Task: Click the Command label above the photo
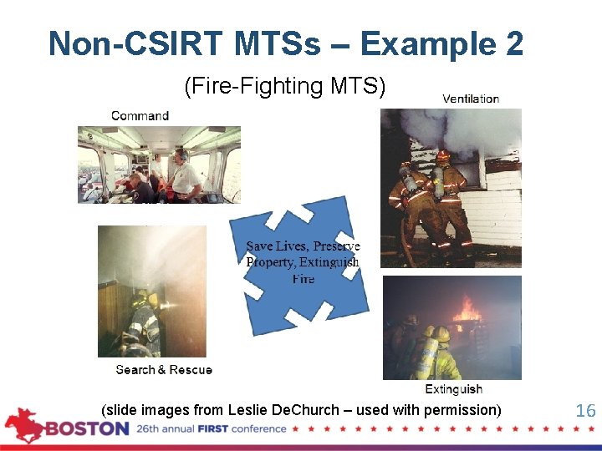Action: click(140, 115)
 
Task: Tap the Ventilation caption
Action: click(471, 99)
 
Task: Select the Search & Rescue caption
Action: click(164, 369)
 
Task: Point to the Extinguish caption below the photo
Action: click(453, 389)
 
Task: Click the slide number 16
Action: click(585, 410)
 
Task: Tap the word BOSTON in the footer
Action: click(87, 429)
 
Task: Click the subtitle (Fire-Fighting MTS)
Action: click(284, 86)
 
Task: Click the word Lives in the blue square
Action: click(293, 246)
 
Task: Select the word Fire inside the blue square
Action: click(304, 278)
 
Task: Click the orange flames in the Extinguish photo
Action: click(467, 312)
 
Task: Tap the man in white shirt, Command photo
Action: click(185, 175)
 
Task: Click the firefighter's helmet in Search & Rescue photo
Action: click(142, 300)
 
